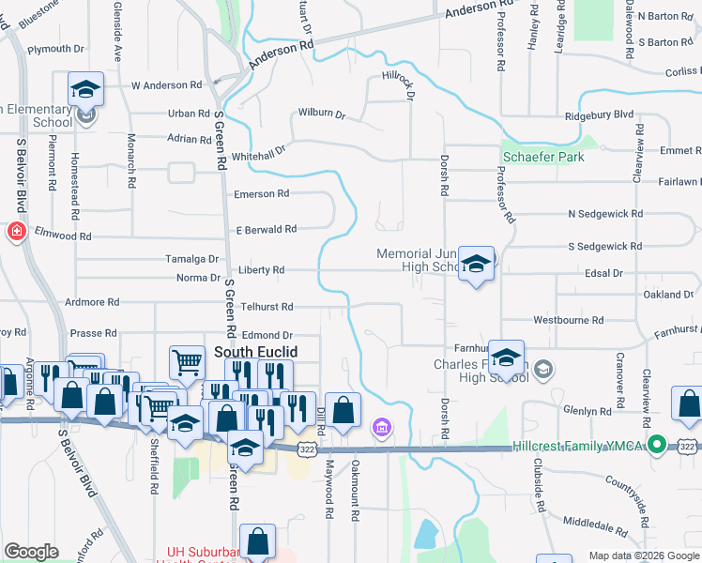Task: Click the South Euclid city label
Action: click(x=256, y=352)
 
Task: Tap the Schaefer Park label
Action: click(x=543, y=157)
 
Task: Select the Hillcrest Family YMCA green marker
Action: click(x=658, y=444)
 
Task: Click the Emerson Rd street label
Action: click(x=262, y=194)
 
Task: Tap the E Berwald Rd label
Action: click(x=266, y=229)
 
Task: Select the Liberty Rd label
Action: click(x=261, y=270)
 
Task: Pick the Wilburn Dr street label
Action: click(x=321, y=114)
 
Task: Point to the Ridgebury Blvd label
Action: click(x=600, y=115)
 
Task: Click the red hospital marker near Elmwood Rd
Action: click(x=17, y=232)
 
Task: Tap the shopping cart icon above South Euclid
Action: click(x=188, y=361)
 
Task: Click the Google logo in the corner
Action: click(x=31, y=552)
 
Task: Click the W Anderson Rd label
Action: click(x=167, y=84)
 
